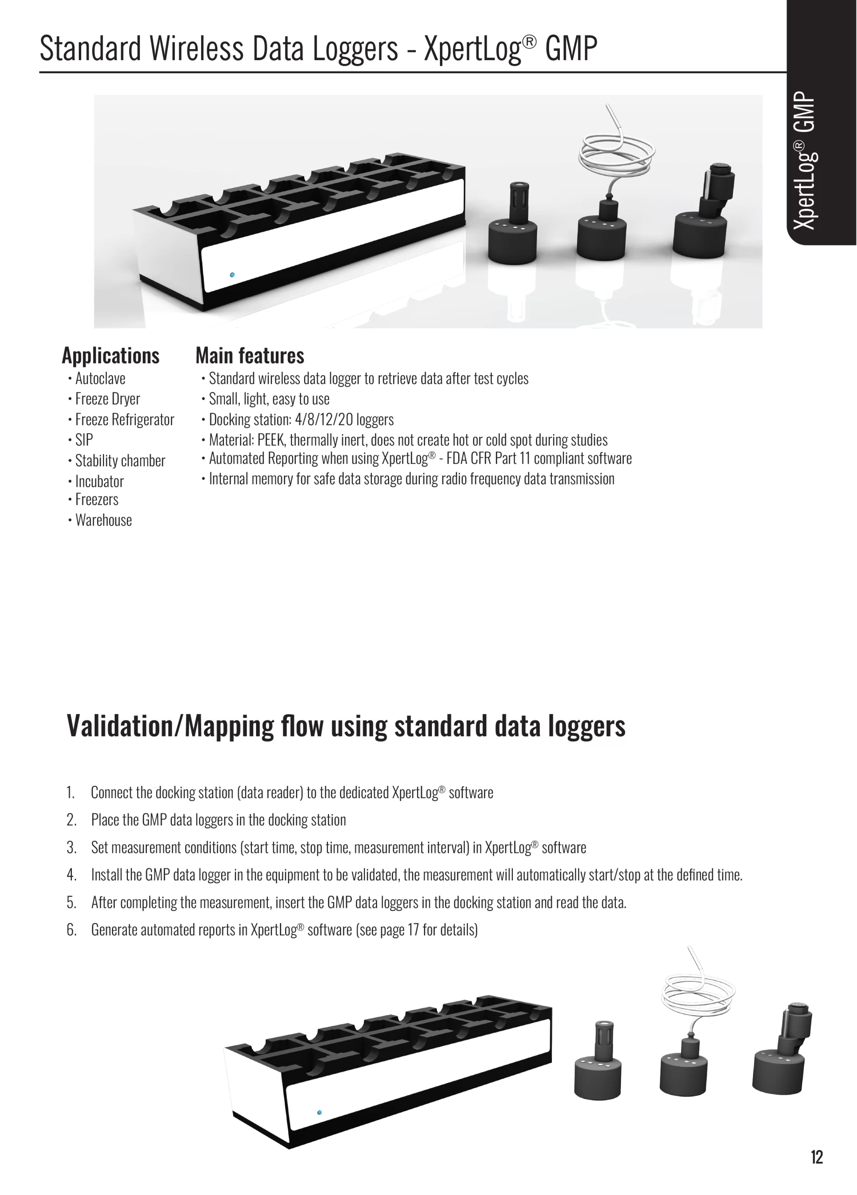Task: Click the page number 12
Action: click(816, 1157)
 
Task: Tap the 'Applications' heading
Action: click(111, 356)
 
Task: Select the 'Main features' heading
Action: click(250, 356)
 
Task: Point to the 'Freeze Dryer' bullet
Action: click(107, 399)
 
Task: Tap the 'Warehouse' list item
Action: click(104, 520)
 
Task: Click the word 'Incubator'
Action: click(99, 481)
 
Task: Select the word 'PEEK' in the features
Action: click(271, 440)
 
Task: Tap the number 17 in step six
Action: click(413, 929)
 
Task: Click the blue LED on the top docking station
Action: click(232, 274)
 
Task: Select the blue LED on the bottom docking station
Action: click(319, 1112)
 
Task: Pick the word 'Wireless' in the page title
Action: click(196, 49)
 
